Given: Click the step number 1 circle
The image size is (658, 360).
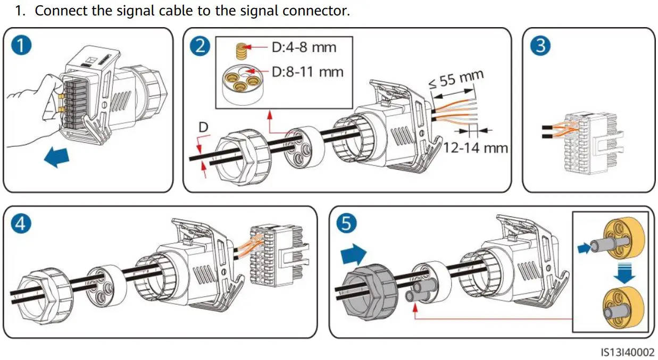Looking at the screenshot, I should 22,46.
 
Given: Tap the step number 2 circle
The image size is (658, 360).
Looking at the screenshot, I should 200,46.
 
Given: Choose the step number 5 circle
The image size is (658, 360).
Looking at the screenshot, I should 346,223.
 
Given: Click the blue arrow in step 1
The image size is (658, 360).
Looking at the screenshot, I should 57,158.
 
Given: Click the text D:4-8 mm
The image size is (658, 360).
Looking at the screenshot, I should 304,47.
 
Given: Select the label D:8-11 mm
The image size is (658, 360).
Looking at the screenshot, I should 307,71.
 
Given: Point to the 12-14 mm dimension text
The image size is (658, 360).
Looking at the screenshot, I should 475,147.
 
